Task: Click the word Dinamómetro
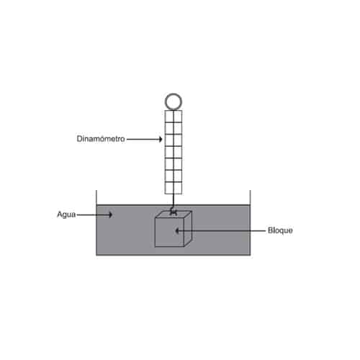(x=101, y=139)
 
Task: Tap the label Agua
(x=66, y=215)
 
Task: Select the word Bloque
(x=280, y=230)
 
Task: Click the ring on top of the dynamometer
(x=174, y=94)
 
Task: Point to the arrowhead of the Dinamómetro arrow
(x=161, y=139)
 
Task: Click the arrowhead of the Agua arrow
(x=110, y=215)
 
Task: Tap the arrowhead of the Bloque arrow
(x=177, y=231)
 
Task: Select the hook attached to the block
(x=174, y=212)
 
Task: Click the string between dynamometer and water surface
(x=174, y=199)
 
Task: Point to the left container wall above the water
(x=96, y=197)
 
